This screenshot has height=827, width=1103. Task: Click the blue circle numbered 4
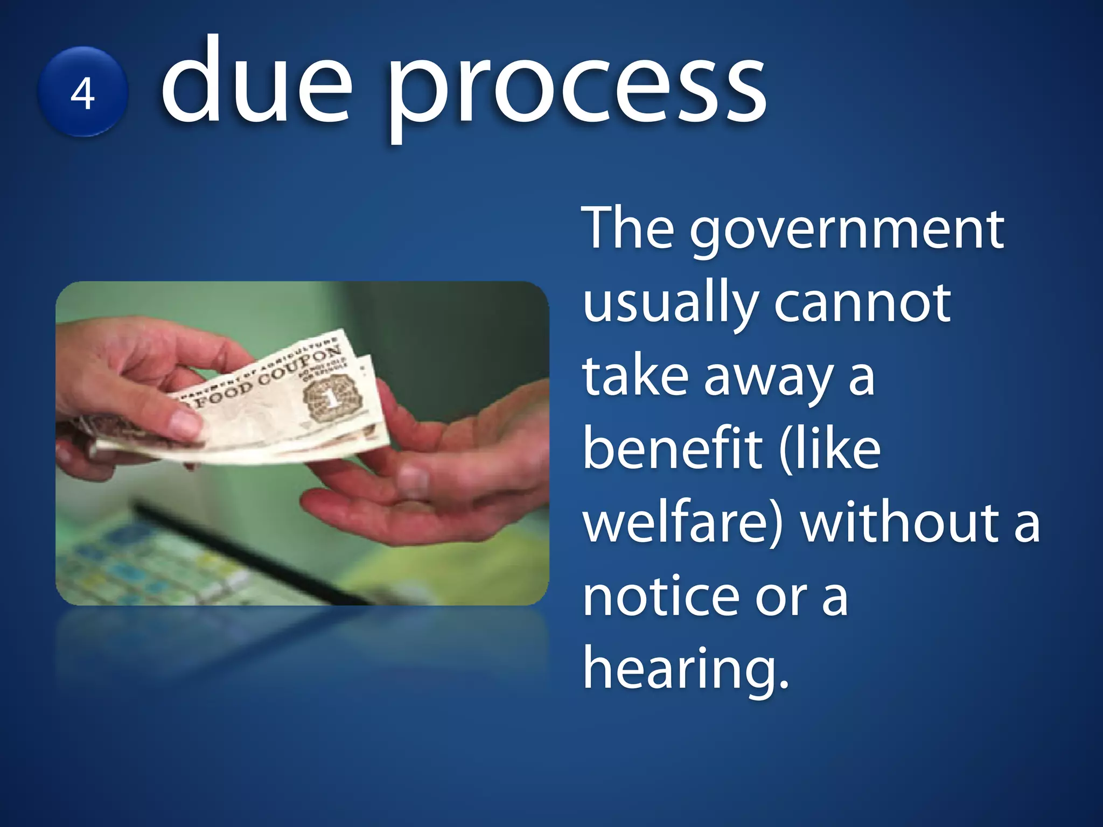pyautogui.click(x=82, y=92)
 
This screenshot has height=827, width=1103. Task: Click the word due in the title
pyautogui.click(x=256, y=81)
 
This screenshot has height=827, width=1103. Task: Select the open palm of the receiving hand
pyautogui.click(x=431, y=485)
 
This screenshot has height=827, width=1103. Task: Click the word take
pyautogui.click(x=636, y=377)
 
